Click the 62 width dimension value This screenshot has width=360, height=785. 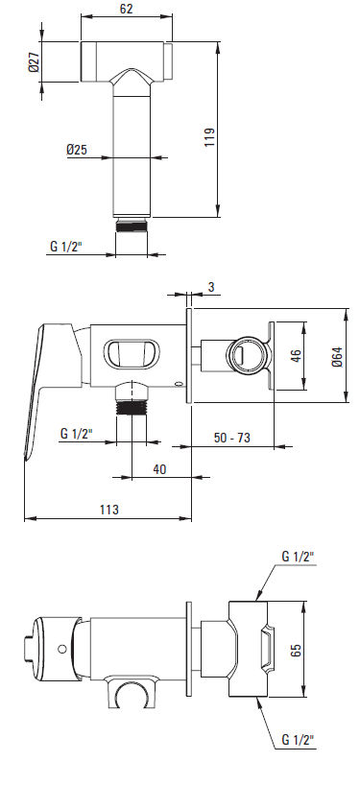[x=126, y=8]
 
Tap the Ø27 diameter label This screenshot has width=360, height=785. [x=34, y=61]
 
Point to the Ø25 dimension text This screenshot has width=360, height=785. [x=77, y=149]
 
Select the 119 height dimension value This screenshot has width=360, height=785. [x=209, y=136]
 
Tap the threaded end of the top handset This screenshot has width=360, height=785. [x=132, y=225]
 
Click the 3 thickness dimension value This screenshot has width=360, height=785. [x=211, y=287]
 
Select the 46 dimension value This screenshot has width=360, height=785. [x=296, y=356]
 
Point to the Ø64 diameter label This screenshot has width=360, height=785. [x=337, y=356]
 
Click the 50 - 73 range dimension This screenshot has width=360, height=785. [x=232, y=437]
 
